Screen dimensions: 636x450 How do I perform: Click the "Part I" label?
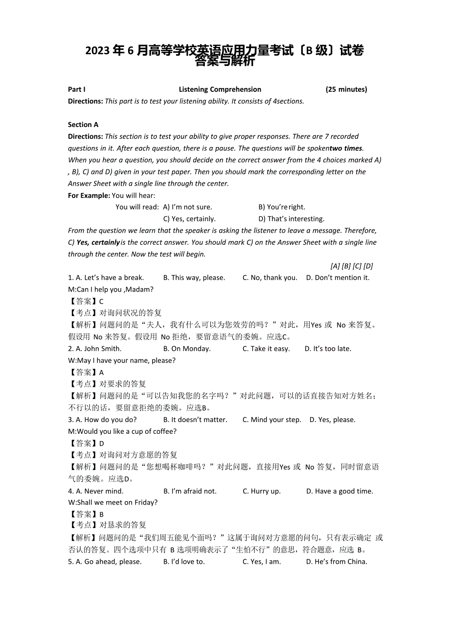tap(77, 89)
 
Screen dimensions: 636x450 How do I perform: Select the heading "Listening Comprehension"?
tap(220, 89)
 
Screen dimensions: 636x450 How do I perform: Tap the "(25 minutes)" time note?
tap(346, 89)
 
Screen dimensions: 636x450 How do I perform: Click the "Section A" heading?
tap(83, 125)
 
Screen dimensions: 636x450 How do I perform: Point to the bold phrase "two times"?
tap(346, 148)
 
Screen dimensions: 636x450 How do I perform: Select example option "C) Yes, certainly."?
tap(189, 219)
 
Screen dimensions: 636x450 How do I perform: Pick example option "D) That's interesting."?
tap(291, 219)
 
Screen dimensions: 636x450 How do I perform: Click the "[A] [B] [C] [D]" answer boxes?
tap(352, 266)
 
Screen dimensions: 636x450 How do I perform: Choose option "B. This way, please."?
tap(194, 278)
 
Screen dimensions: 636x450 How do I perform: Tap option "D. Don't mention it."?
tap(337, 278)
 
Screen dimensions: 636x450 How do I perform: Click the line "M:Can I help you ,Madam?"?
tap(111, 290)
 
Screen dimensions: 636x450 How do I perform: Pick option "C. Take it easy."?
tap(266, 349)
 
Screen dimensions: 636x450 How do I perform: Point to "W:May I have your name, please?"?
tap(121, 360)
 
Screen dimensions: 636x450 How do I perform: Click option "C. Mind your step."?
tap(271, 420)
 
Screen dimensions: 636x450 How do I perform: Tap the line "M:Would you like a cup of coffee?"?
tap(122, 431)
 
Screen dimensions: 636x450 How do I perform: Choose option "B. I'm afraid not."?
tap(190, 491)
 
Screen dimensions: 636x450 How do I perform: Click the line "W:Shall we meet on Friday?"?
tap(113, 503)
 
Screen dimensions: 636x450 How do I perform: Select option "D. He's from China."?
tap(337, 562)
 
